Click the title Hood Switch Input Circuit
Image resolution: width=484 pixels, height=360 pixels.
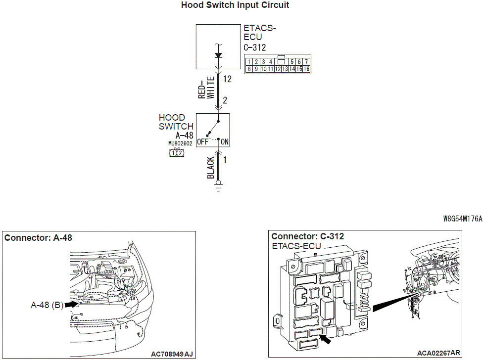pos(235,5)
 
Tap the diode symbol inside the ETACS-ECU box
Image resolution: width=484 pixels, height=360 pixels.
pos(218,55)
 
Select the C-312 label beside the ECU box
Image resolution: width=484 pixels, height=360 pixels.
pos(255,47)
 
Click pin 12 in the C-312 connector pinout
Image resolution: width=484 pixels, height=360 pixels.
pos(278,69)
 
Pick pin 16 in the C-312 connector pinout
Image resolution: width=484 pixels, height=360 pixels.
pos(306,69)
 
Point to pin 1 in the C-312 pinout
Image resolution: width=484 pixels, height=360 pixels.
pos(249,62)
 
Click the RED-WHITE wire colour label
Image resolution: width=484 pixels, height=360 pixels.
pos(206,89)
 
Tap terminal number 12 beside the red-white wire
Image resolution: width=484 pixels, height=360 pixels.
pos(227,79)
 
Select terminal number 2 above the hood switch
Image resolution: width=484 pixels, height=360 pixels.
pos(225,100)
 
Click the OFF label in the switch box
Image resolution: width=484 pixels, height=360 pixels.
pos(202,142)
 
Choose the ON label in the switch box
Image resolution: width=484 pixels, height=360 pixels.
pos(225,142)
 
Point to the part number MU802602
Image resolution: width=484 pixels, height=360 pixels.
pos(180,144)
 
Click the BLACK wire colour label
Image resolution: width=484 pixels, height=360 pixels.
pos(211,168)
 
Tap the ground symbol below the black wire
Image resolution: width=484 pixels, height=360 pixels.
pos(218,188)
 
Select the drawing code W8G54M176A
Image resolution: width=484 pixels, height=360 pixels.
pos(463,218)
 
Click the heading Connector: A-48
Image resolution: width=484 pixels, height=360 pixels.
pos(38,238)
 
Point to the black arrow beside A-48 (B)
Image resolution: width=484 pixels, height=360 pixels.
pos(72,305)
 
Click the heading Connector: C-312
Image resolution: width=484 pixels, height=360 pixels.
pos(307,236)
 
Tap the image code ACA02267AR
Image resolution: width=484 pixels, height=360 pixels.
pos(438,353)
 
